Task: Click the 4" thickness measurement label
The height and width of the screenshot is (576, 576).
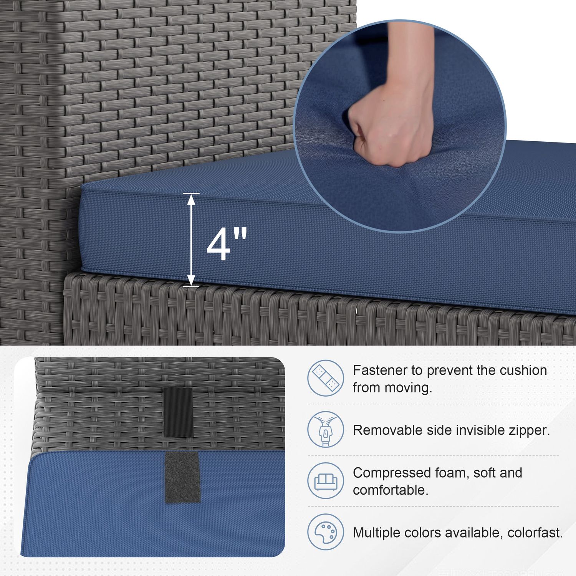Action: click(227, 245)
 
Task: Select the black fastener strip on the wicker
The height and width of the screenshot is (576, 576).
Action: click(179, 412)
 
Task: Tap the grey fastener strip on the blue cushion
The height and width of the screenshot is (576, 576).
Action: click(182, 477)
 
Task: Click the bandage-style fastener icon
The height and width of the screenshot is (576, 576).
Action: click(326, 378)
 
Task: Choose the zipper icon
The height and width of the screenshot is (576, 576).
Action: click(326, 429)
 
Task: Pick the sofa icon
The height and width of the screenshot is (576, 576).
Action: click(326, 481)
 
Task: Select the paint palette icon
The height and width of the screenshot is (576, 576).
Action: click(326, 532)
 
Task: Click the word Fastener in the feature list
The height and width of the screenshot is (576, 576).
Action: click(380, 370)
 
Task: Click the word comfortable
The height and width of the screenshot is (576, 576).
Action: click(391, 490)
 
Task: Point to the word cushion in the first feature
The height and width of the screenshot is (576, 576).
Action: click(523, 370)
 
